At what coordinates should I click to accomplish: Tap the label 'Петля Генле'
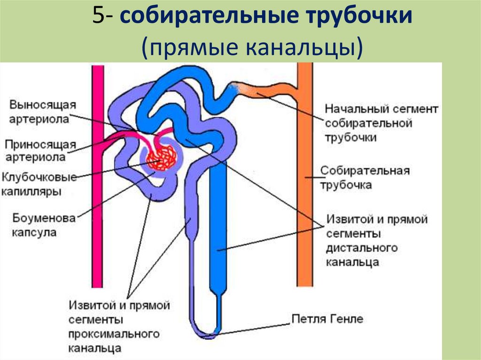pyautogui.click(x=327, y=319)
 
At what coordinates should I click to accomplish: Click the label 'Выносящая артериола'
pyautogui.click(x=41, y=111)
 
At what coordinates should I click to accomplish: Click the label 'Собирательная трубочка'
pyautogui.click(x=365, y=177)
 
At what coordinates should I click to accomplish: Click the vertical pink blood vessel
pyautogui.click(x=98, y=188)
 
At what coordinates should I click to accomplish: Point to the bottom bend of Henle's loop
pyautogui.click(x=207, y=334)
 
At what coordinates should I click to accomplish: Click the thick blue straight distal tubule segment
pyautogui.click(x=218, y=225)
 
